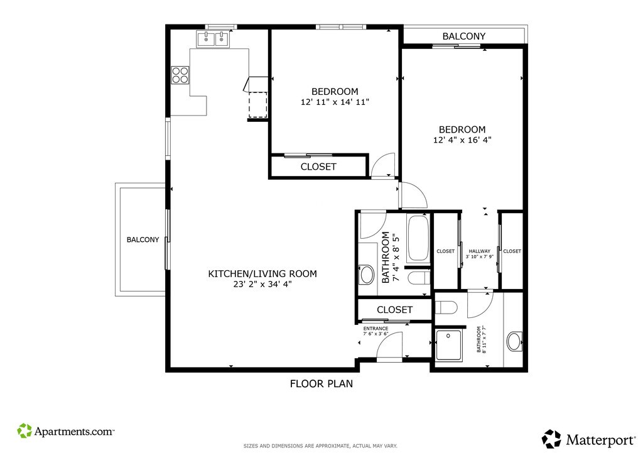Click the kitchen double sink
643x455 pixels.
213,40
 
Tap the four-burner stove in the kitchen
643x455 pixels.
180,75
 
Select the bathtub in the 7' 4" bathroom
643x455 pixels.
418,238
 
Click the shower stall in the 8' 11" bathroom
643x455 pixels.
449,346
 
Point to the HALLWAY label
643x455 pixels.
479,251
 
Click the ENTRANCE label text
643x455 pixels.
376,329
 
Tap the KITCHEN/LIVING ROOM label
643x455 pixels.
262,273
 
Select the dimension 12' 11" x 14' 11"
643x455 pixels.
335,102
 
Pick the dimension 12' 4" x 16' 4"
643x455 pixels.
462,140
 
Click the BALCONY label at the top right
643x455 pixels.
464,36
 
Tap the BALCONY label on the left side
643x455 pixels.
143,239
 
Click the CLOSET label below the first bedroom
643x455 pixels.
318,167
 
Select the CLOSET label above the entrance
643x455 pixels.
394,309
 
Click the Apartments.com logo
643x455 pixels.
65,430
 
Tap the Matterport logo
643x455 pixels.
589,440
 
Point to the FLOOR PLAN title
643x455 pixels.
321,383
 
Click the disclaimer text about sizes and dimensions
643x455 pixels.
320,446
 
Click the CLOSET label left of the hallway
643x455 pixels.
445,251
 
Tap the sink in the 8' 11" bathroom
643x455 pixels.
514,341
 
